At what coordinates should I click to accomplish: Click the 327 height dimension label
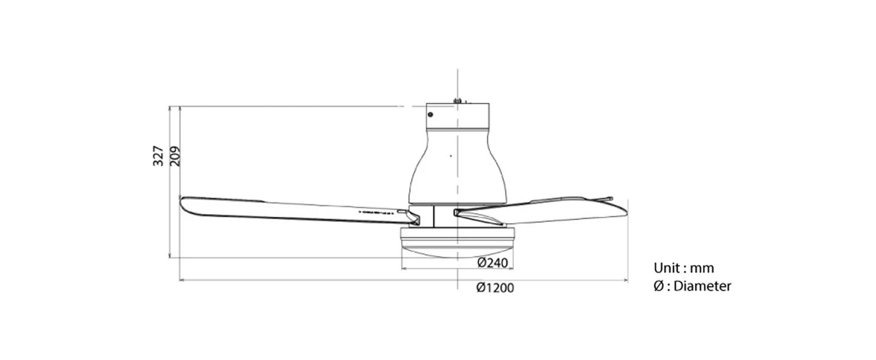[158, 156]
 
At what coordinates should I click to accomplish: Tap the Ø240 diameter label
[492, 262]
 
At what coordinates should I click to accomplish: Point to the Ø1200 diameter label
[495, 288]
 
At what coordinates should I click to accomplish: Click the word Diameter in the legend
[703, 286]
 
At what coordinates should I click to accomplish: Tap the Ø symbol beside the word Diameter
[659, 286]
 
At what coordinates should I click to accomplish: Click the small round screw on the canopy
[430, 114]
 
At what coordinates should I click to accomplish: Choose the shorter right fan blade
[546, 210]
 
